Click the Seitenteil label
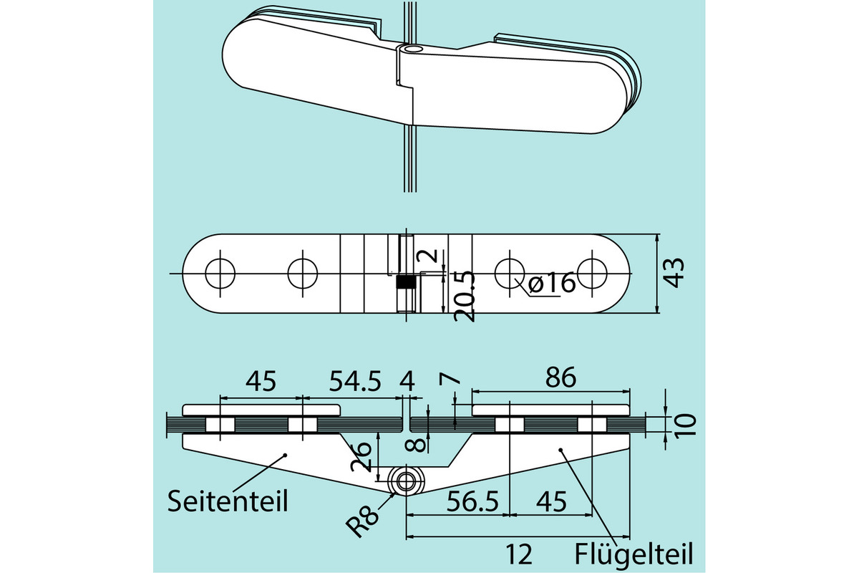tap(228, 500)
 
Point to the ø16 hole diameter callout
tap(552, 284)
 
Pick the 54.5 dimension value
tap(355, 380)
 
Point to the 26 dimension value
tap(363, 456)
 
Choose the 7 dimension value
tap(447, 380)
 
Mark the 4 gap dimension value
tap(408, 380)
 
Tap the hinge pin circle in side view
tap(406, 481)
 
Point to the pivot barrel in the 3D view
tap(410, 49)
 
